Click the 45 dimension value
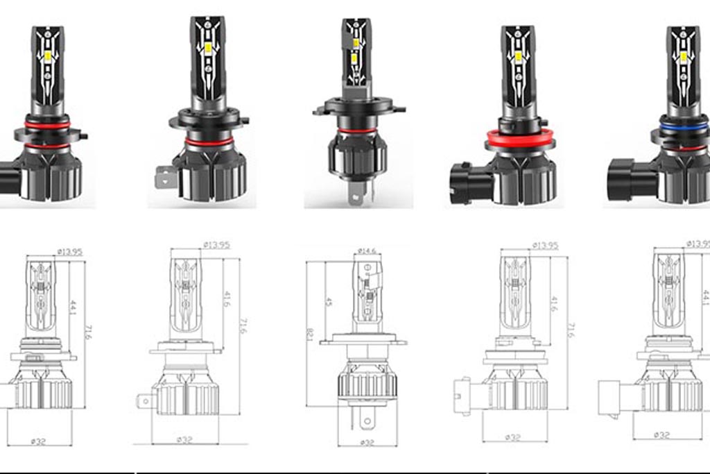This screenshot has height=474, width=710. [x=329, y=302]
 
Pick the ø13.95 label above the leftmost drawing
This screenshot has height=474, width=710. [x=69, y=251]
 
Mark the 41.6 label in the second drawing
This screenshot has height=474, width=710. [x=228, y=299]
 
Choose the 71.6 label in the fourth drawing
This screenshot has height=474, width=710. [x=571, y=330]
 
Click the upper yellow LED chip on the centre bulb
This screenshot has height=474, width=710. [x=355, y=44]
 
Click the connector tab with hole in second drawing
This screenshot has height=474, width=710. [x=146, y=400]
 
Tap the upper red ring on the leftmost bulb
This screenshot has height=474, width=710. [x=48, y=125]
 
